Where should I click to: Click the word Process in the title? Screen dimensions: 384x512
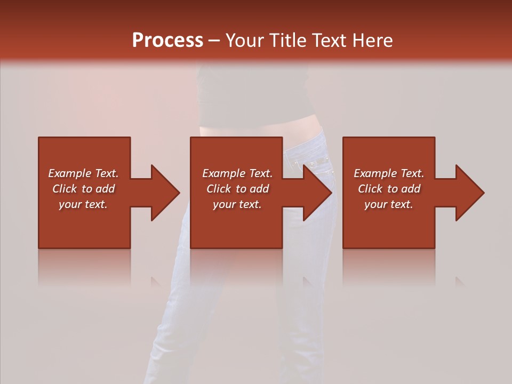coord(167,41)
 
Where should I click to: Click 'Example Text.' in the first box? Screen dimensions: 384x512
coord(83,173)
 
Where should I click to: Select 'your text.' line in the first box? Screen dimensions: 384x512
coord(83,204)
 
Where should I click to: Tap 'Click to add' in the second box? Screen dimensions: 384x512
coord(237,189)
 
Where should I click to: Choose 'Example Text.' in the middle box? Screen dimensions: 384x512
coord(237,173)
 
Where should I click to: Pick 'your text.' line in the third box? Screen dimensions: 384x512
coord(389,204)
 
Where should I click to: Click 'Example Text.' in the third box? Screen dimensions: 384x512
coord(389,173)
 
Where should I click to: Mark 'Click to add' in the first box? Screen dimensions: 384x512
coord(83,189)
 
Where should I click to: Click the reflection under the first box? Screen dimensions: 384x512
coord(84,267)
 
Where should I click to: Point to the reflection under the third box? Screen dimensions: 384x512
coord(389,267)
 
